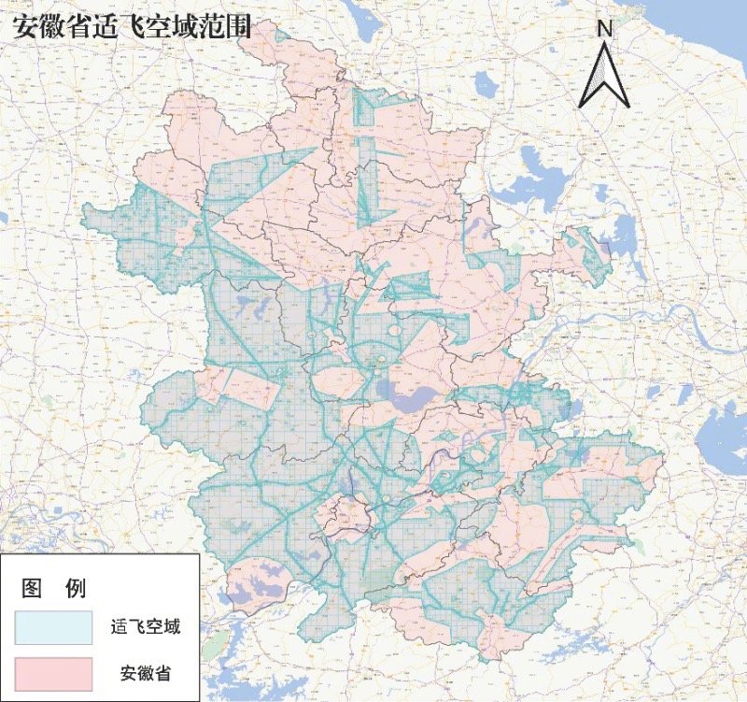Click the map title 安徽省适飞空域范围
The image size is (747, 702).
(131, 26)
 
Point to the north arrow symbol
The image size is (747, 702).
(604, 75)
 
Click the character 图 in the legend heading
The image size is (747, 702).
(34, 588)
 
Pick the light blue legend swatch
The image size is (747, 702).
(53, 627)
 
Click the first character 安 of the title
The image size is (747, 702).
(23, 26)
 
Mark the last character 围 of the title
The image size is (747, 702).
(240, 26)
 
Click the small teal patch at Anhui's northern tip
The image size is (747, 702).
(280, 32)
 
